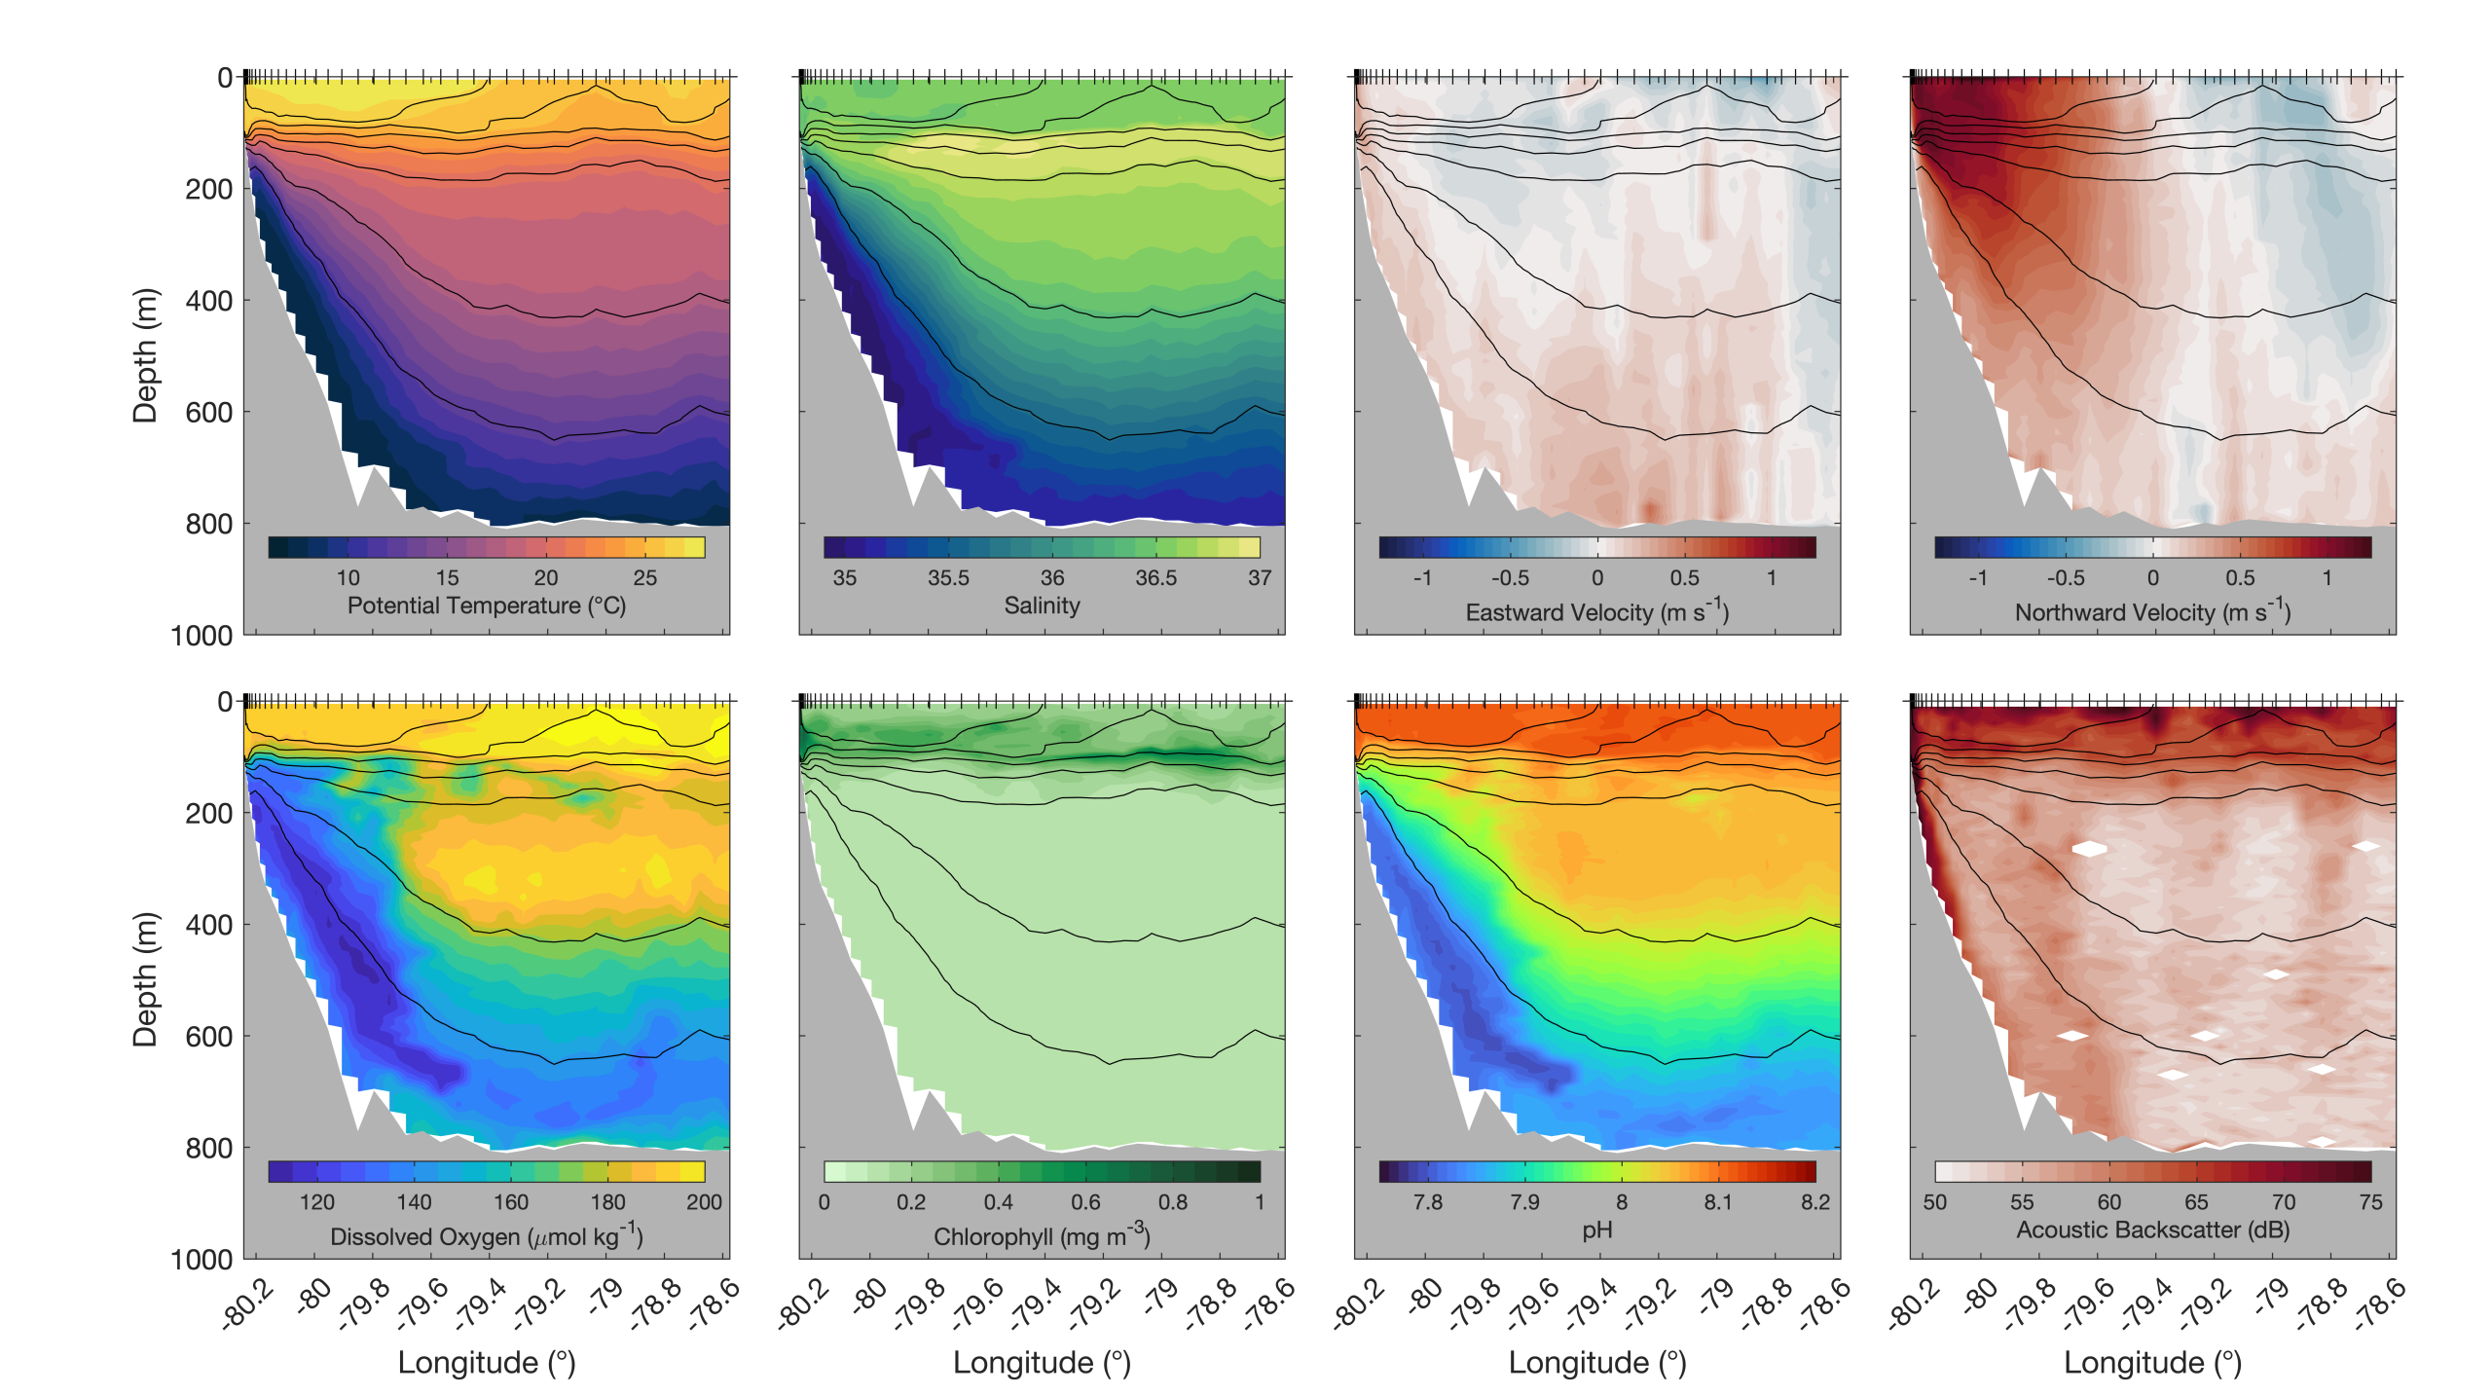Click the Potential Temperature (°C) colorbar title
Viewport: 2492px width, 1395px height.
(x=487, y=606)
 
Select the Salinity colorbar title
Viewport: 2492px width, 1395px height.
(x=1043, y=606)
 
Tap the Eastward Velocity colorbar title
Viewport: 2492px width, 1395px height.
(x=1597, y=611)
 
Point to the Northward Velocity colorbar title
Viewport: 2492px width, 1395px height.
(x=2153, y=611)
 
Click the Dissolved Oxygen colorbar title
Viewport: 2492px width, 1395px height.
(x=487, y=1235)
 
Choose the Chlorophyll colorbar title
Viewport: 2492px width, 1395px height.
(x=1043, y=1235)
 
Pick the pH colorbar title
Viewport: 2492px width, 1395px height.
(x=1597, y=1230)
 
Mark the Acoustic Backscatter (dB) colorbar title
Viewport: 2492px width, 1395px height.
(x=2153, y=1230)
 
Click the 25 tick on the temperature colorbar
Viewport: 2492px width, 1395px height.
(x=645, y=578)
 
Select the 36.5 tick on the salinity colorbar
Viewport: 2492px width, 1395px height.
(x=1156, y=578)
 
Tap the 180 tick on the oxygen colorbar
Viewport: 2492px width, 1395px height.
(x=608, y=1202)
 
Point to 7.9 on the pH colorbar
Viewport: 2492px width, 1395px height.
(x=1524, y=1202)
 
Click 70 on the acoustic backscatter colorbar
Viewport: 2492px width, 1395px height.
(x=2284, y=1202)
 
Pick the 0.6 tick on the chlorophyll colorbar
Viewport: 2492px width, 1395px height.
(x=1085, y=1202)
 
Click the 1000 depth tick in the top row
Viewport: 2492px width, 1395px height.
(x=202, y=636)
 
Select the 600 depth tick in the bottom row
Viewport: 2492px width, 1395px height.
(x=209, y=1037)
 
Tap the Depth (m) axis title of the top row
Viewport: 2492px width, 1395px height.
(x=145, y=355)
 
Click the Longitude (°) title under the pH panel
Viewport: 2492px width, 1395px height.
(x=1597, y=1363)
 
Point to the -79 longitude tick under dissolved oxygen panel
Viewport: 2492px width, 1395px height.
(x=605, y=1295)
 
